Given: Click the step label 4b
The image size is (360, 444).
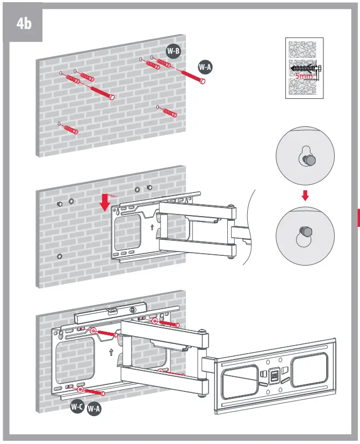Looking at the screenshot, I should (24, 24).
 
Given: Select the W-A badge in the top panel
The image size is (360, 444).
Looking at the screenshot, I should (205, 67).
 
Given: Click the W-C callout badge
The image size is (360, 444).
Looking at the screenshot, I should (77, 407).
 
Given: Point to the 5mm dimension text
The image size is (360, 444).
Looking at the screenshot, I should (304, 76).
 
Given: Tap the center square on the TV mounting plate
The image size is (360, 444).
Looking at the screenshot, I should (273, 375).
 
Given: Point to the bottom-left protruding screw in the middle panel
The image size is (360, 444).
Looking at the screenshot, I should (59, 256).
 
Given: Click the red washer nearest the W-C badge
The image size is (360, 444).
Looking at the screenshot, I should (80, 389).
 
